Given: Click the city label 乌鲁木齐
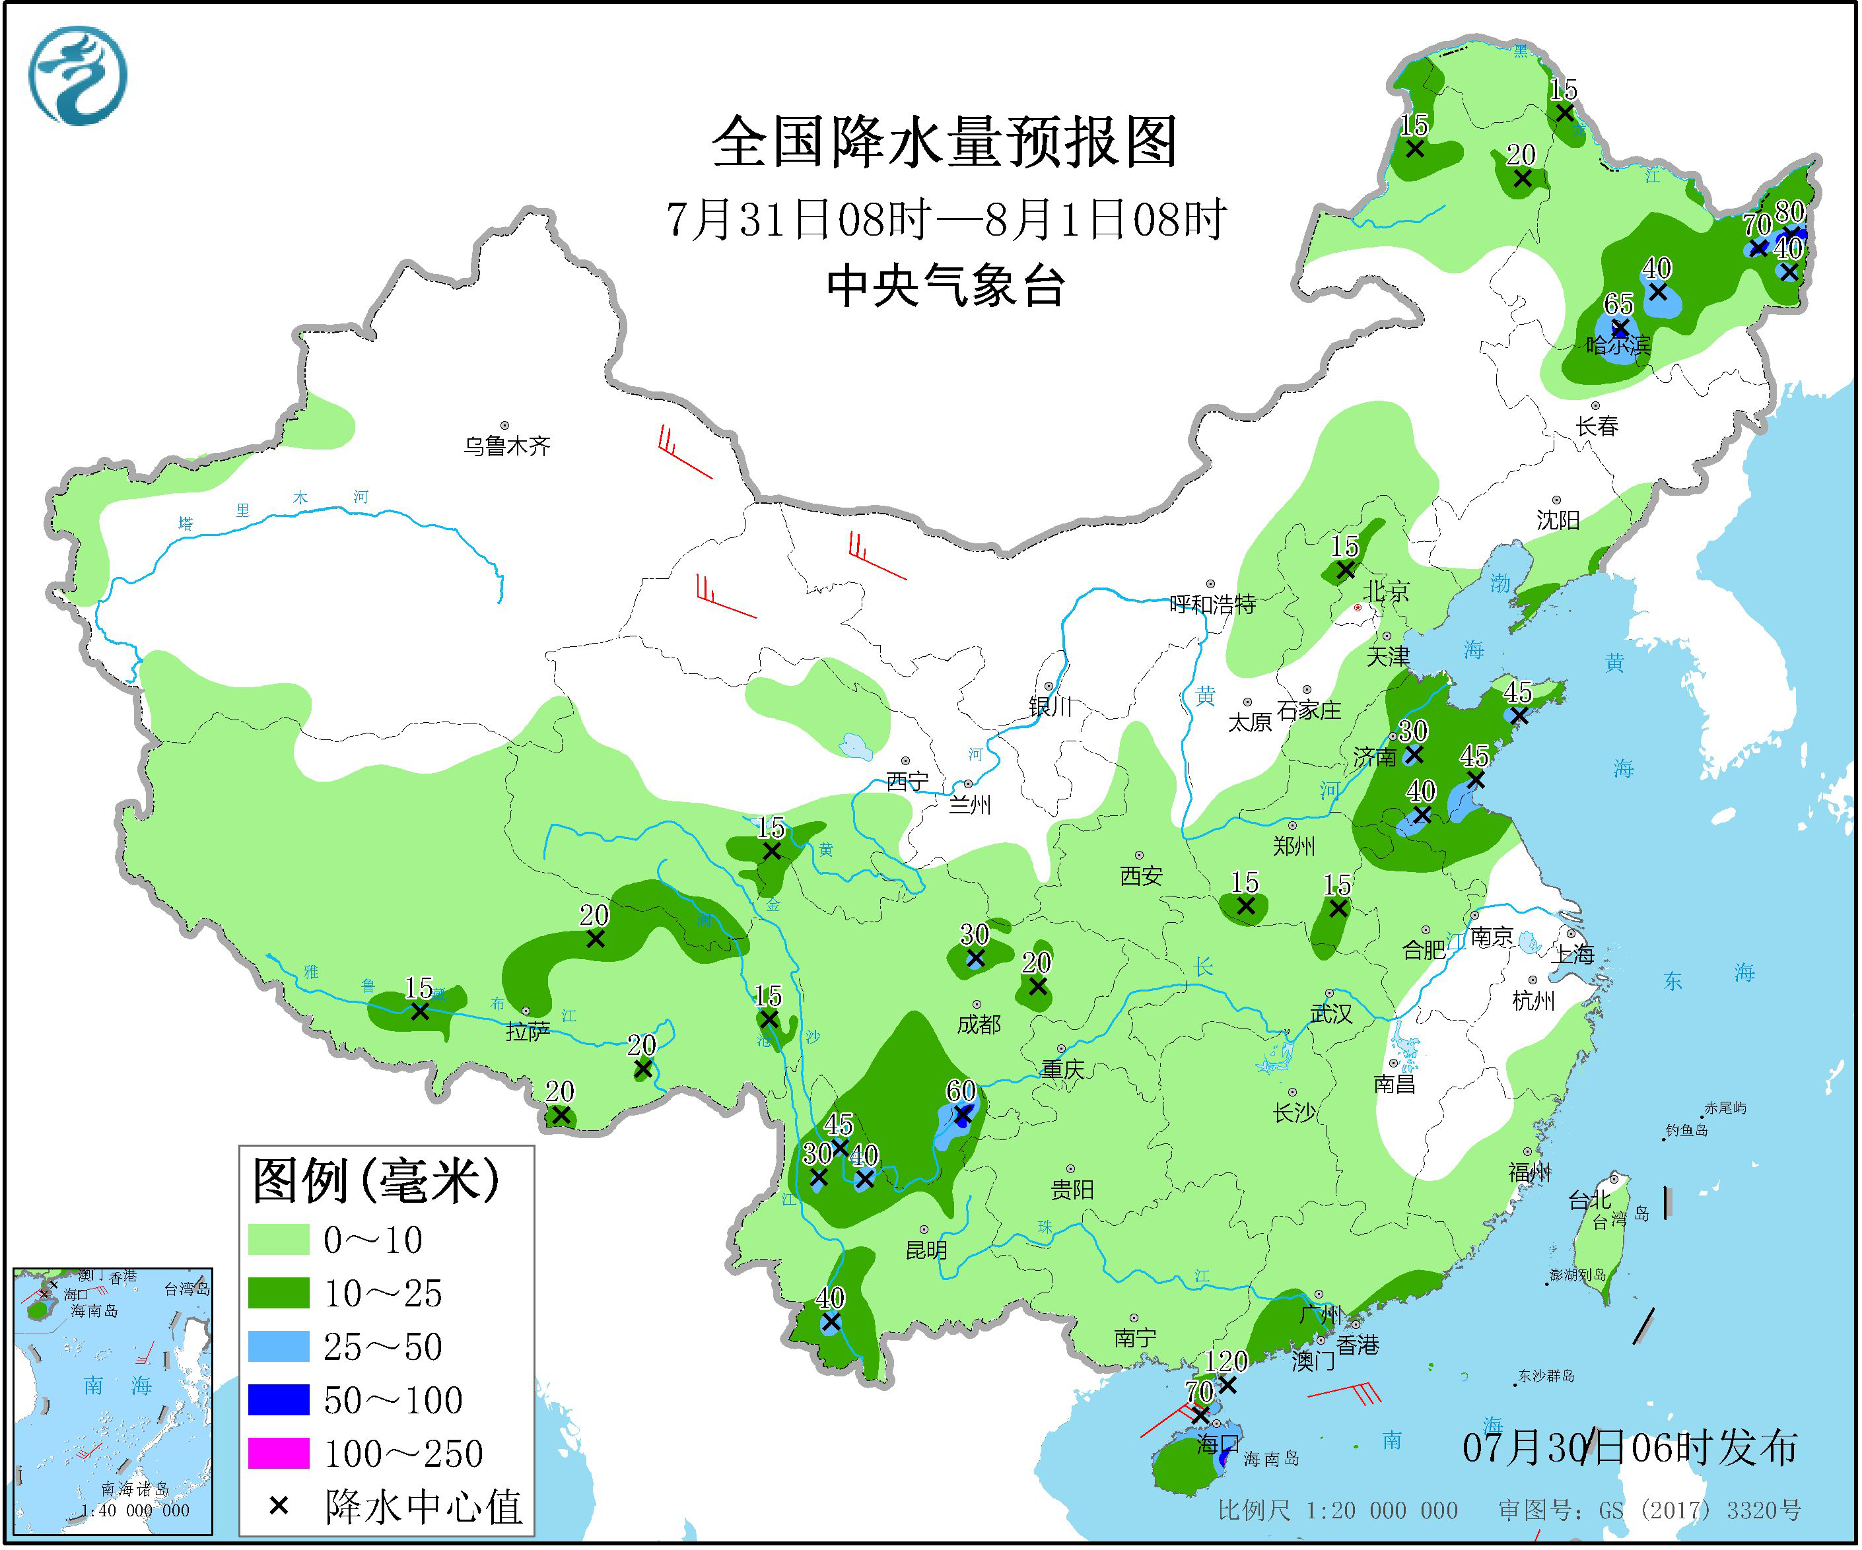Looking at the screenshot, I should click(x=506, y=446).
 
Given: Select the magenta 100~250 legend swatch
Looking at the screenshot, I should click(x=279, y=1454).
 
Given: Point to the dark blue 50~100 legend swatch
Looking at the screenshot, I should click(x=279, y=1400).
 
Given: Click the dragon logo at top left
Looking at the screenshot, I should click(x=78, y=76).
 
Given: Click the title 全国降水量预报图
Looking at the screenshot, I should click(x=945, y=142).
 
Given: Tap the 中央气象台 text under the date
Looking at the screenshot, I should click(x=945, y=286).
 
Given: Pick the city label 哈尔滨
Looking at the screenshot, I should click(x=1618, y=346).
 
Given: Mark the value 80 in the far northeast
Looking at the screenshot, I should click(x=1789, y=213).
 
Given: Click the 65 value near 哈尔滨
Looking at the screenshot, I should click(x=1618, y=304).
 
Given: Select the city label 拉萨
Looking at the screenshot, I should click(x=528, y=1030).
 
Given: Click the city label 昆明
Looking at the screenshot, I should click(x=926, y=1250).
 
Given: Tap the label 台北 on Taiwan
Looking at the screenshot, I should click(x=1590, y=1201).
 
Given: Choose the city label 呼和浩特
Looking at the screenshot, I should click(x=1212, y=605).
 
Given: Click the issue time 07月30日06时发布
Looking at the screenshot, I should click(x=1630, y=1447).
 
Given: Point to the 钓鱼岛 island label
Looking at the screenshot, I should click(x=1686, y=1130).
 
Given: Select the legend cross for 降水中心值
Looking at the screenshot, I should click(x=279, y=1506).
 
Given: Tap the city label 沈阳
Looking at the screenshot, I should click(x=1558, y=520).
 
